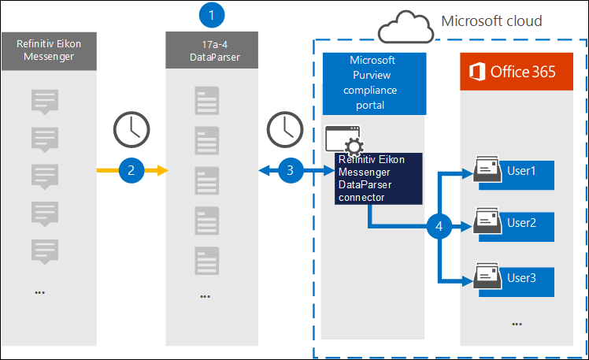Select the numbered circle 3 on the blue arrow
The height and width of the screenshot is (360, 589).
(x=291, y=169)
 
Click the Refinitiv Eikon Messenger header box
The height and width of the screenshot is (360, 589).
(x=49, y=51)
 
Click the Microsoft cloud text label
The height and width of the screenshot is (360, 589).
(x=492, y=21)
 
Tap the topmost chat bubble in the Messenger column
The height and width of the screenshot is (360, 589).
(x=44, y=102)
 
